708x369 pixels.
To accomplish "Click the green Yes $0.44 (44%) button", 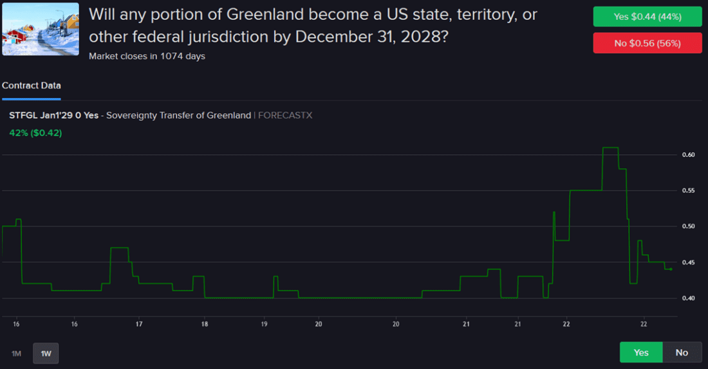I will point(647,17).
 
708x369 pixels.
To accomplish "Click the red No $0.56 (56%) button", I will point(647,43).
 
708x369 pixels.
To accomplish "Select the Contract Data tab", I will point(32,86).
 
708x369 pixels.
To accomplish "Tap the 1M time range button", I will point(17,353).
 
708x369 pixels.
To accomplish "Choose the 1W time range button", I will point(46,353).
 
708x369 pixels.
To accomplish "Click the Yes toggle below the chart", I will point(641,352).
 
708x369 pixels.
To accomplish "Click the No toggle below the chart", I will point(682,352).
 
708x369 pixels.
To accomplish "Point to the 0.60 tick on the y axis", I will point(688,155).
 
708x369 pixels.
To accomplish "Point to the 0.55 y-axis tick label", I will point(688,191).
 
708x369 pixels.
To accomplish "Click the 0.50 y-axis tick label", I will point(688,227).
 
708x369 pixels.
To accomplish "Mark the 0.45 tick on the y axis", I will point(688,262).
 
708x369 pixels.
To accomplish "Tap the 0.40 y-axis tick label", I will point(688,298).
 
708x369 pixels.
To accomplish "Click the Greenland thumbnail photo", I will point(41,29).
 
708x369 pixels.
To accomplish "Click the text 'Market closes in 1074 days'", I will point(147,56).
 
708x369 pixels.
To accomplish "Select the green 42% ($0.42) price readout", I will point(35,133).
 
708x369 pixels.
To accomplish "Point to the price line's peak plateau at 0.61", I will point(610,148).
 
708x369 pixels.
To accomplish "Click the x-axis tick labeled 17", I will point(139,325).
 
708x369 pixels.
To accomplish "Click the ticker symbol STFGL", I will point(23,115).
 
